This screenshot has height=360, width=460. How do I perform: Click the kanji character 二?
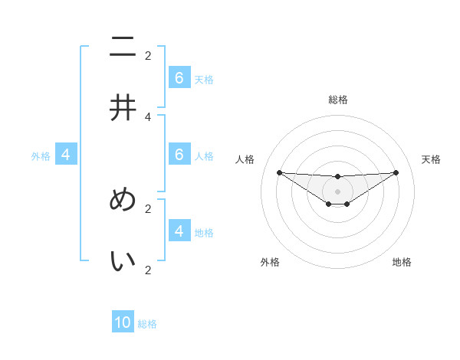tap(123, 47)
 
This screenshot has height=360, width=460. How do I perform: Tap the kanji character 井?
tap(123, 108)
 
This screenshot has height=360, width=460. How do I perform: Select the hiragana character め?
tap(123, 200)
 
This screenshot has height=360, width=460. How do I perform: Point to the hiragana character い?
tap(123, 261)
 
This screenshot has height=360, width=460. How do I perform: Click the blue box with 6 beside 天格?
tap(179, 77)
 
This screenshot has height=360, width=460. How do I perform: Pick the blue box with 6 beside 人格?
tap(179, 154)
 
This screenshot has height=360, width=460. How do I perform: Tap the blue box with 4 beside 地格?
tap(179, 231)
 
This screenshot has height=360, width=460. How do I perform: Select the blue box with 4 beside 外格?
tap(66, 155)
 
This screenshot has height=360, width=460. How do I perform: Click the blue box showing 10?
tap(123, 322)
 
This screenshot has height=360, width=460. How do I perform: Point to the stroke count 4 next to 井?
tap(148, 116)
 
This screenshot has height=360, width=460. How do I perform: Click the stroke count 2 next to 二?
tap(148, 55)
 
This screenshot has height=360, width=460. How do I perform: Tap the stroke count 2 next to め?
tap(148, 208)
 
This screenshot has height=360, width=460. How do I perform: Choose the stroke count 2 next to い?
tap(148, 270)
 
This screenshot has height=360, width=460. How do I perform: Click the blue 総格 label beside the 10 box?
tap(147, 324)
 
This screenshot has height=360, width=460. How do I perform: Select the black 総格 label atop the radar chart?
tap(338, 100)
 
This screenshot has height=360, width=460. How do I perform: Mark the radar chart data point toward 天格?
tap(396, 172)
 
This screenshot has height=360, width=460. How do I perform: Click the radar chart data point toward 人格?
tap(279, 172)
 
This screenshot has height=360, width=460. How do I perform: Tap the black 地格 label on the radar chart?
tap(402, 262)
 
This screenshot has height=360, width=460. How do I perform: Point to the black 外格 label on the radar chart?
tap(270, 262)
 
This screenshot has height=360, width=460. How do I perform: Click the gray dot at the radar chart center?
tap(338, 191)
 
